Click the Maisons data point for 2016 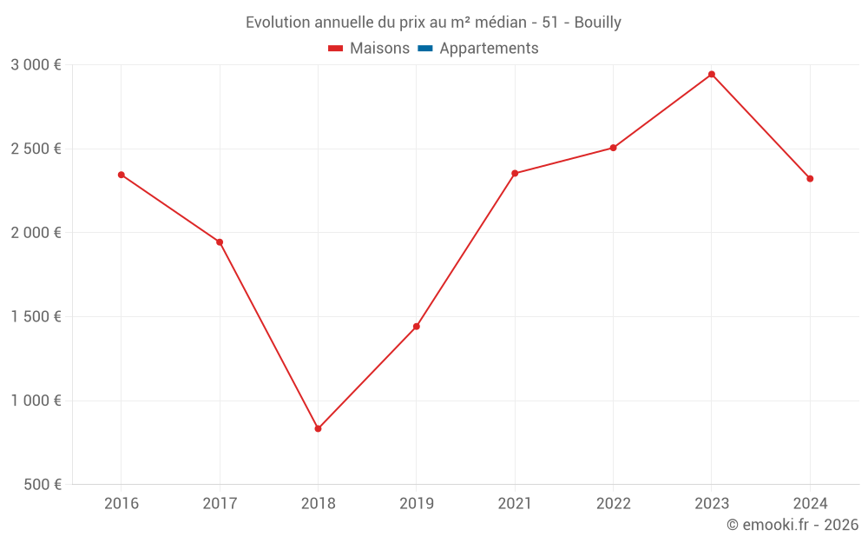122,175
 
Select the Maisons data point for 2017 220,242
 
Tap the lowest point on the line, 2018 318,428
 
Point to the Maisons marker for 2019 417,327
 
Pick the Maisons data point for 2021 515,174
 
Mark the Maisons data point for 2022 613,148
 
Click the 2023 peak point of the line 712,75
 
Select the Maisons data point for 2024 810,179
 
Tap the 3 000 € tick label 36,65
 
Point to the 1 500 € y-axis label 36,317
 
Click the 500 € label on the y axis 41,485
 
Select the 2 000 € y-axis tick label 36,233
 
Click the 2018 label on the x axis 318,504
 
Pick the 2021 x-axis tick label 515,504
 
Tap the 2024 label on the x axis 810,504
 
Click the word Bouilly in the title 598,23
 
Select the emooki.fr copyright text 792,525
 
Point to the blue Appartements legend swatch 425,49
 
